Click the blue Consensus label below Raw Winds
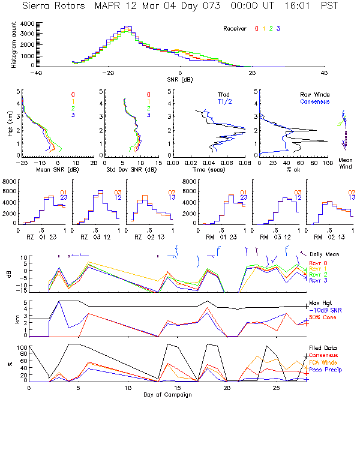coord(316,101)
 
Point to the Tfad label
coord(224,95)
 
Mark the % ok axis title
coord(290,169)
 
